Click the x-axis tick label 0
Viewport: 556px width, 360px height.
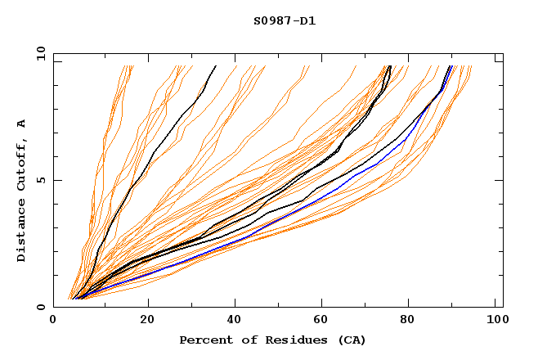point(53,321)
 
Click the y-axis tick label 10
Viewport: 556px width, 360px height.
point(40,53)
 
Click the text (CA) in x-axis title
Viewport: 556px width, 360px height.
point(352,340)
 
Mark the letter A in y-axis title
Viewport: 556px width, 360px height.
point(22,124)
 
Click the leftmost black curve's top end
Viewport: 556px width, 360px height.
point(216,65)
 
